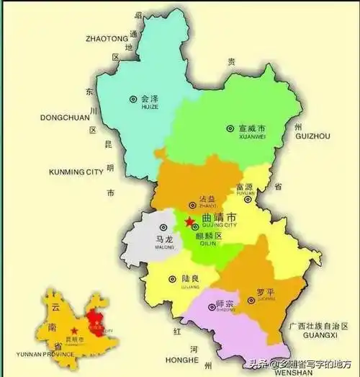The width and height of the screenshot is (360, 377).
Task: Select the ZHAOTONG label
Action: pyautogui.click(x=106, y=38)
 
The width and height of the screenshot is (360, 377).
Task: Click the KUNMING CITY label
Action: pyautogui.click(x=76, y=172)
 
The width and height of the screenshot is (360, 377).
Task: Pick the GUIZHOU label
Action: pyautogui.click(x=312, y=136)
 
